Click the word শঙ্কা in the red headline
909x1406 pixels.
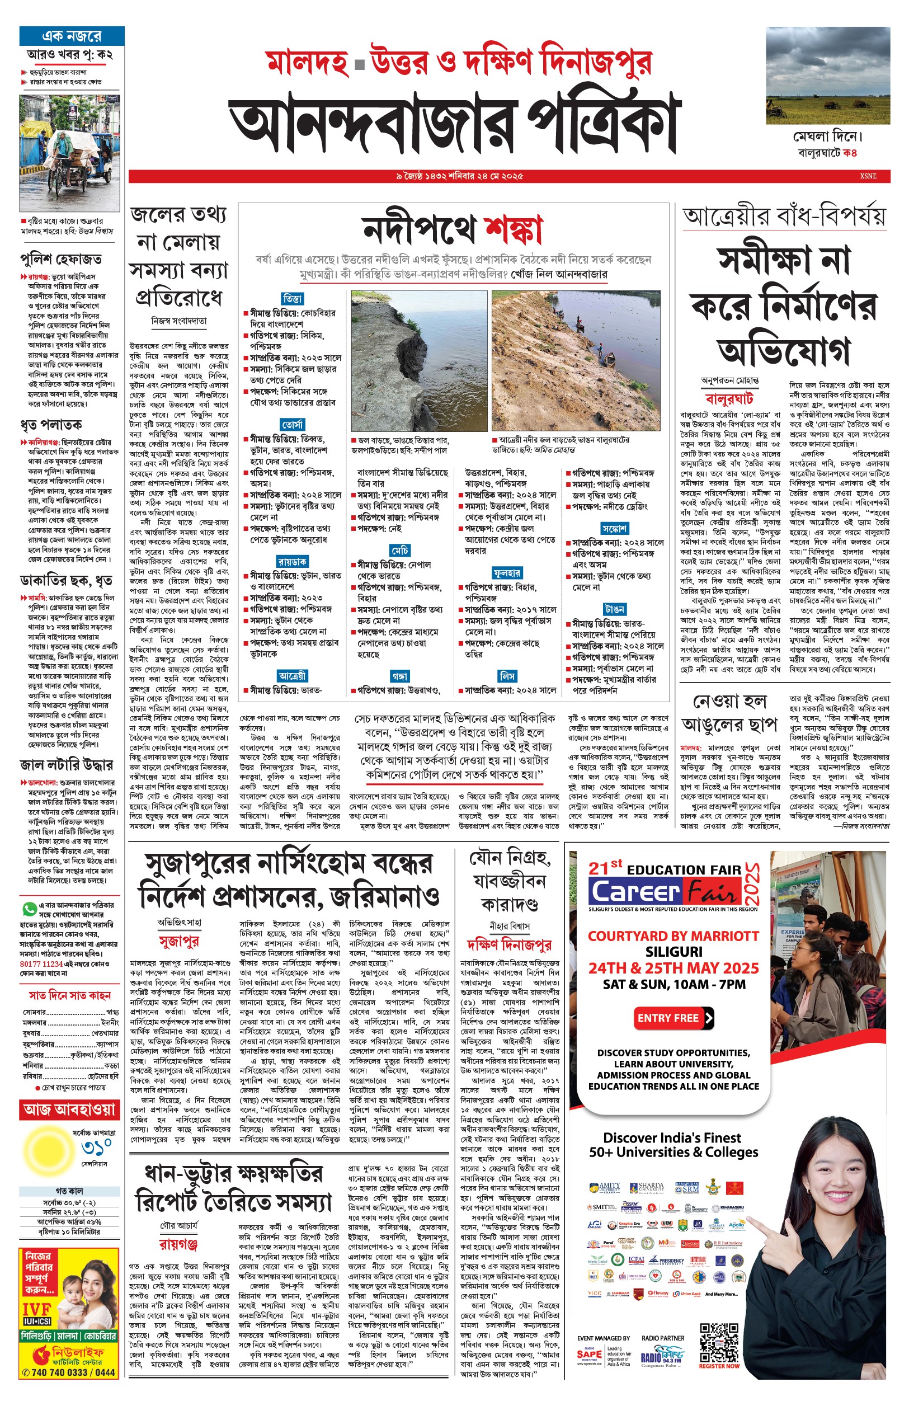513,228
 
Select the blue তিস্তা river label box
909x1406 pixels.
292,299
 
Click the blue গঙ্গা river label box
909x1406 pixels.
399,675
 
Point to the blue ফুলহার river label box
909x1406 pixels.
507,572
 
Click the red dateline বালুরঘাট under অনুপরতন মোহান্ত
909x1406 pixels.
729,399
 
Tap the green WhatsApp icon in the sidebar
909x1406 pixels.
29,909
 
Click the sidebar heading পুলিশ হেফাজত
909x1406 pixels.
61,259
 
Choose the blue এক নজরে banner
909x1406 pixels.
72,36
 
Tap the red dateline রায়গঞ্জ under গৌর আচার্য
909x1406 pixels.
178,1244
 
